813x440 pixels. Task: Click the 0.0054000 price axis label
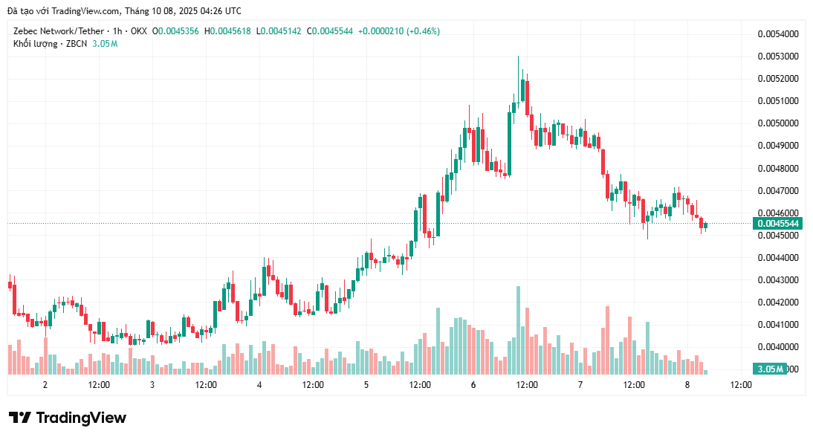[777, 34]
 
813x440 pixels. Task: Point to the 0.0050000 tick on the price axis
[777, 123]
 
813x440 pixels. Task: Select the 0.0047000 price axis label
[777, 191]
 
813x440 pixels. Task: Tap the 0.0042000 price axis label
[777, 302]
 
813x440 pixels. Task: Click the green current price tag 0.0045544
[777, 224]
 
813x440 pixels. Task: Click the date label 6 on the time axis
[473, 385]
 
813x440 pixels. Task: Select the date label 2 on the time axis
[45, 385]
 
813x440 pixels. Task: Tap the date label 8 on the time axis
[687, 385]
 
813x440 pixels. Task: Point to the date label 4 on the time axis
[259, 385]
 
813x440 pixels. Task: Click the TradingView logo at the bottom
[68, 418]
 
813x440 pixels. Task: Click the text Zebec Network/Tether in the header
[59, 31]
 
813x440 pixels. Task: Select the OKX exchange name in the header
[138, 31]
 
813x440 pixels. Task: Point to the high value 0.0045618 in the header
[231, 31]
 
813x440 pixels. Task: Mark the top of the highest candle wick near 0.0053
[518, 56]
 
